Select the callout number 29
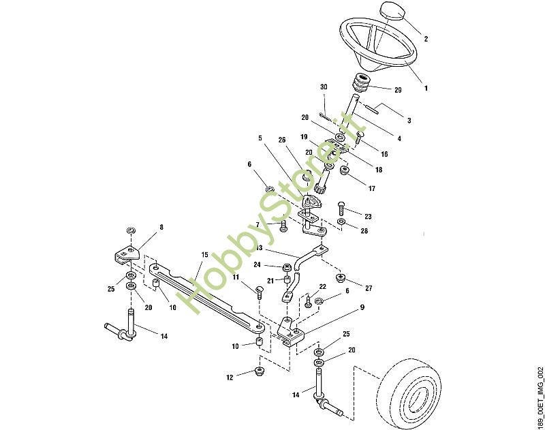tap(398, 90)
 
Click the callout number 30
tap(324, 87)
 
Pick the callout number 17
tap(372, 188)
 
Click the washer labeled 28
tap(342, 222)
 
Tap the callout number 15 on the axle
tap(204, 255)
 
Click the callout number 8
tap(161, 228)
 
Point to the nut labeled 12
tap(260, 370)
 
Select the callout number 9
tap(362, 307)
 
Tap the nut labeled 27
tap(340, 277)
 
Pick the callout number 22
tap(322, 286)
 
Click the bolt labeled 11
tap(260, 292)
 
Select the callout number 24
tap(257, 265)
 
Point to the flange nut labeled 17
tap(344, 170)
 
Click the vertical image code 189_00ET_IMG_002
tap(540, 397)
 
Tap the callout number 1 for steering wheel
tap(426, 88)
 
